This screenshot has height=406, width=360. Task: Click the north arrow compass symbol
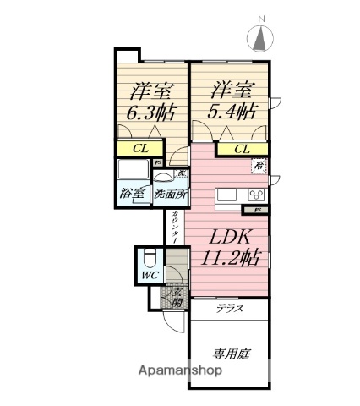click(261, 36)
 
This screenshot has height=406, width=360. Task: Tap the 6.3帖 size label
click(152, 111)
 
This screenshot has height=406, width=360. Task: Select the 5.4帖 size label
click(232, 111)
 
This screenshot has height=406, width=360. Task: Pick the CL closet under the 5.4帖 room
click(242, 149)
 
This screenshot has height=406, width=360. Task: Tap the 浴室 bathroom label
click(132, 194)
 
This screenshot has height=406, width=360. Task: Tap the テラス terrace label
click(229, 310)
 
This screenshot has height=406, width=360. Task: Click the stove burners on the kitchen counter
click(256, 195)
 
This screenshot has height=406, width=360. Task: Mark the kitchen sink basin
click(229, 195)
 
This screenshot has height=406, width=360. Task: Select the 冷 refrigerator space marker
click(258, 166)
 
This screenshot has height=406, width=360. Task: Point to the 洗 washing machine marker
click(182, 173)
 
